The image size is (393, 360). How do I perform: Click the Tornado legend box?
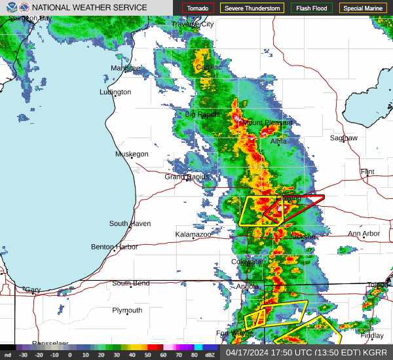198,9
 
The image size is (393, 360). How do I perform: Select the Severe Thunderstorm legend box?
252,9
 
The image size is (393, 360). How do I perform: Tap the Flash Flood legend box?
311,9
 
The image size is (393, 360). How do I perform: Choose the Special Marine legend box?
364,9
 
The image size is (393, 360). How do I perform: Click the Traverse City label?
193,24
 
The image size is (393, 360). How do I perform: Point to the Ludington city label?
115,92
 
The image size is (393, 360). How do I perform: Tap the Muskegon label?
132,154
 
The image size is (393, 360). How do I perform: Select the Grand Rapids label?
187,177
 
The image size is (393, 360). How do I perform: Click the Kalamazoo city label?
193,234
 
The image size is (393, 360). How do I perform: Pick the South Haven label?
130,224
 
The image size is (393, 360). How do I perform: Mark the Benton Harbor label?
115,247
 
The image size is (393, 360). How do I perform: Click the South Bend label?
130,283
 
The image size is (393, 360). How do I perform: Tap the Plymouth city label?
127,310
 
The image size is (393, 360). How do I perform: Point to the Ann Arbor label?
364,234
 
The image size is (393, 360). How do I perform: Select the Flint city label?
367,172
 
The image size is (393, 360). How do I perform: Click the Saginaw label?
344,138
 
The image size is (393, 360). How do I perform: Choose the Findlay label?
372,336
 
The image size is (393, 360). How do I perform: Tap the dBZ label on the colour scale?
210,355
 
